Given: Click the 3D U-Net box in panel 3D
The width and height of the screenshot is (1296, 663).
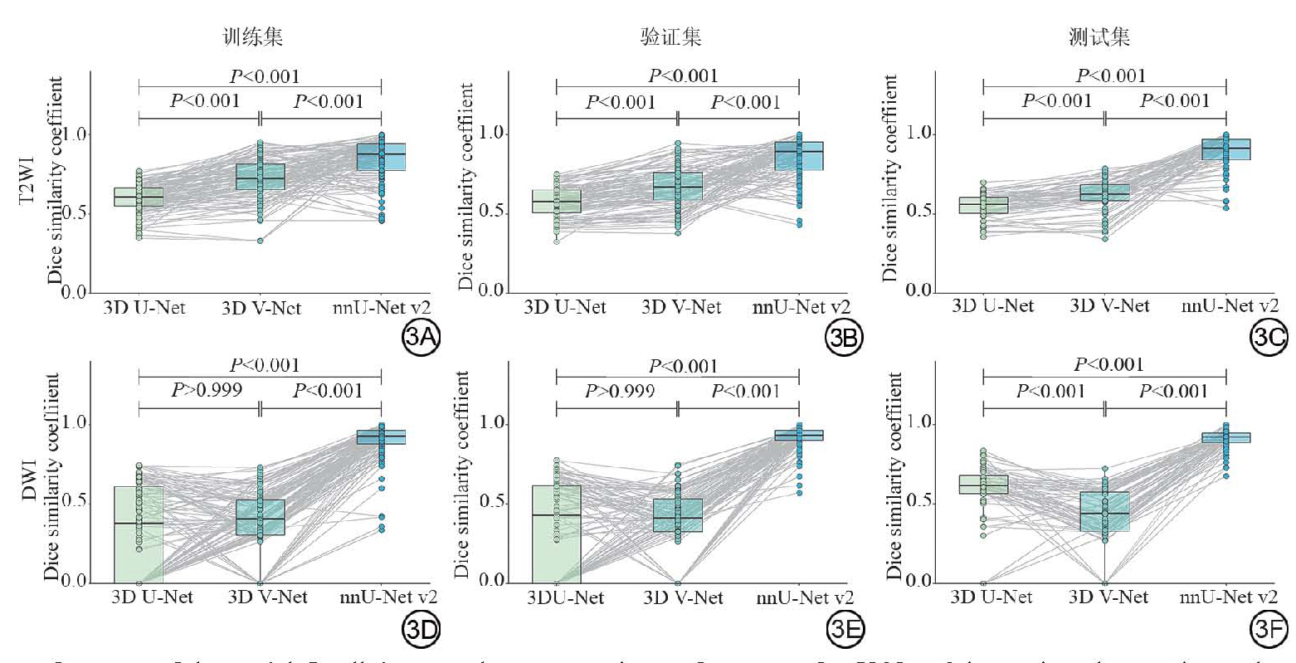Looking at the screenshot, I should (139, 534).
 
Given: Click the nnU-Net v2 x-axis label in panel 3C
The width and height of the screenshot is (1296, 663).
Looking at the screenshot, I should (1227, 306).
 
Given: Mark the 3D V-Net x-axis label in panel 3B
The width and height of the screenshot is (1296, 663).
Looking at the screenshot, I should (680, 308).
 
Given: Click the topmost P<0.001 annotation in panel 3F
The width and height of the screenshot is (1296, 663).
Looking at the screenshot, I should (1109, 365).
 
